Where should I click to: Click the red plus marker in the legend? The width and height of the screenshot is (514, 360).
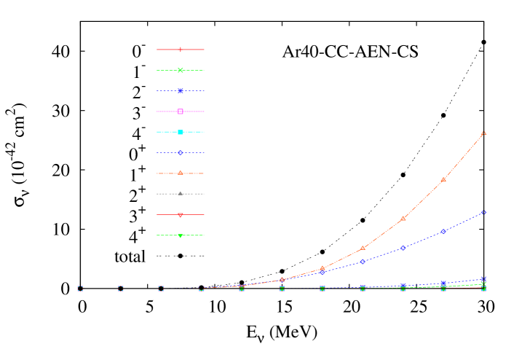(181, 50)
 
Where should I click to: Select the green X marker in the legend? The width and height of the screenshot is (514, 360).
(181, 70)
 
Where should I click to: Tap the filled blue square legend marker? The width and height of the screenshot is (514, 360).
(181, 91)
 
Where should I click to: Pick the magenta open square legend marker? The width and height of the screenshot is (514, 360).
(181, 111)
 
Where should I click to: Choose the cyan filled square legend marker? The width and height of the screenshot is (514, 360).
(181, 132)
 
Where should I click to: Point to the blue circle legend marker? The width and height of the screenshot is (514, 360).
(181, 152)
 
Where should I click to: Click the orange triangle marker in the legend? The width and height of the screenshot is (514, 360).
(181, 173)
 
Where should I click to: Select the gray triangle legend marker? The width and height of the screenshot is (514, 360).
(181, 193)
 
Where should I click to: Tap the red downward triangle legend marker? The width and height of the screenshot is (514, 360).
(181, 215)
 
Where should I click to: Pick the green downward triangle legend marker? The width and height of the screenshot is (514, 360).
(181, 235)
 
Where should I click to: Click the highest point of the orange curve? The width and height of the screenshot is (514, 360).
(483, 133)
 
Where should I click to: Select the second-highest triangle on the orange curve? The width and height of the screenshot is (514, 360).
(443, 179)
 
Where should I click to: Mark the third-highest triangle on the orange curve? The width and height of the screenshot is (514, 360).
(403, 218)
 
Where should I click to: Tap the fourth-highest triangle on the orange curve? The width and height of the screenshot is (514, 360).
(363, 249)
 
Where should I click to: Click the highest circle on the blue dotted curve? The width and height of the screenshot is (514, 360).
(483, 213)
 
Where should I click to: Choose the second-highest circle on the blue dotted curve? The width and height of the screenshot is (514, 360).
(443, 232)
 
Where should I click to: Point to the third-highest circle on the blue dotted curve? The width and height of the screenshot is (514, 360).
(403, 249)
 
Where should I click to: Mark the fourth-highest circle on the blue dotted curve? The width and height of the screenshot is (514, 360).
(363, 261)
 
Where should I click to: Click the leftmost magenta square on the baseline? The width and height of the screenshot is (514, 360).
(80, 289)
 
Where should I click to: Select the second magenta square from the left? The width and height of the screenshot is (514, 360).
(121, 289)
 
